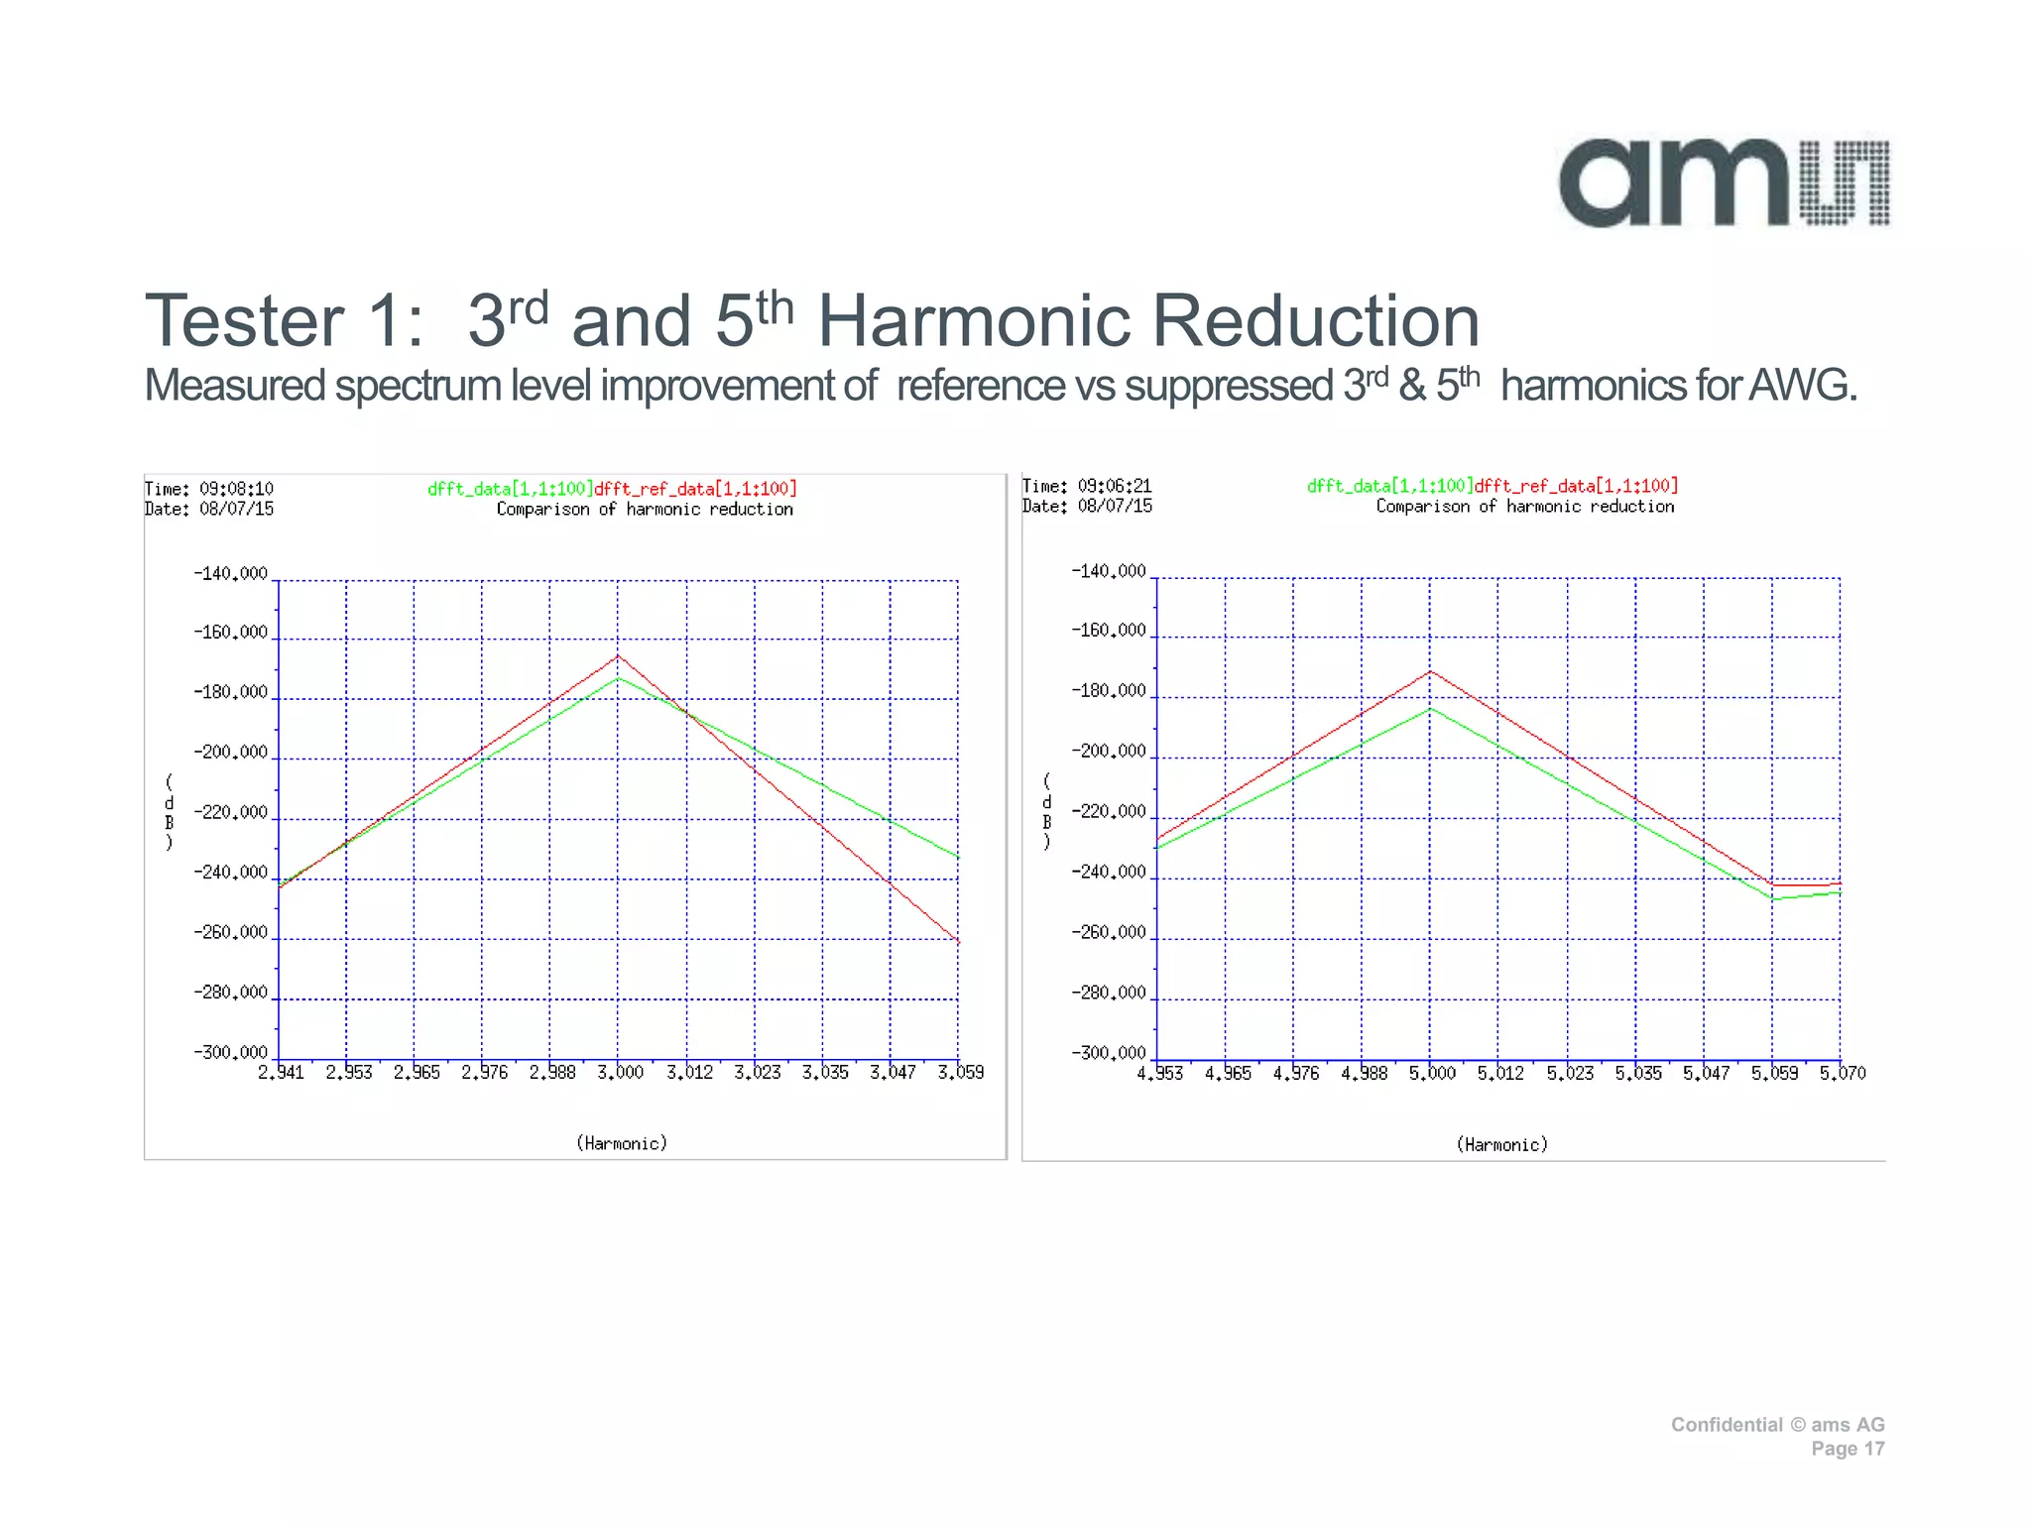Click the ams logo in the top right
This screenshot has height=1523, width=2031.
click(x=1724, y=183)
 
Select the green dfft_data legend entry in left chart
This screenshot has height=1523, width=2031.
click(x=510, y=489)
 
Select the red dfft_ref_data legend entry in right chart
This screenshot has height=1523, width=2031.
click(x=1576, y=486)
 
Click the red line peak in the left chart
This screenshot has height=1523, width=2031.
click(x=618, y=655)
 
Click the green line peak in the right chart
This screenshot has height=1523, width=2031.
click(x=1430, y=708)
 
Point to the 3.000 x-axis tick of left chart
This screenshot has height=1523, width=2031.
click(x=620, y=1073)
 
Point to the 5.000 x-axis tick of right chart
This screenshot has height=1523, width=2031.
click(x=1432, y=1074)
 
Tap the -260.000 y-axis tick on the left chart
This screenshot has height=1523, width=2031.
click(x=230, y=933)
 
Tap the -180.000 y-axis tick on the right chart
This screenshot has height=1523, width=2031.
click(x=1109, y=691)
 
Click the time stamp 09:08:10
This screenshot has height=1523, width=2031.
click(x=236, y=489)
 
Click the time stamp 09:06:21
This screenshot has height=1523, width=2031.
click(x=1115, y=486)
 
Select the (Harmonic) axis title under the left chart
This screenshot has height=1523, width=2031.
click(x=622, y=1143)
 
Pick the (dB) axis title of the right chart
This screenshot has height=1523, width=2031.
click(x=1046, y=812)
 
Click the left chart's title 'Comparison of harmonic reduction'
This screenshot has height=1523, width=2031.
click(x=645, y=510)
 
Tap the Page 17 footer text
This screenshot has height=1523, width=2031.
click(x=1847, y=1449)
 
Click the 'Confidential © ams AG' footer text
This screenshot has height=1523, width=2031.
click(x=1777, y=1425)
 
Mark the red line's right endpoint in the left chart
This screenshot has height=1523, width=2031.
click(x=958, y=941)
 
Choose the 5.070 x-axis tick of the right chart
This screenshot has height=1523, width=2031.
click(x=1842, y=1074)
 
